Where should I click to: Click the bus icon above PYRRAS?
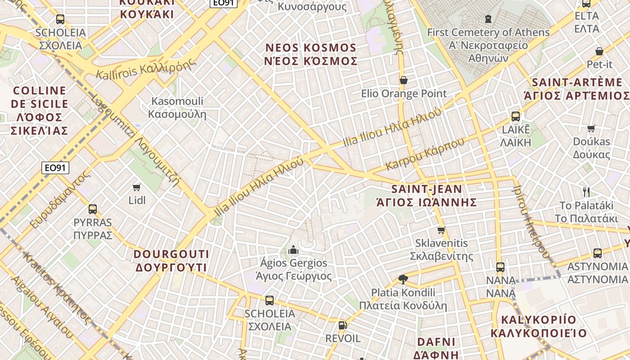[93, 209]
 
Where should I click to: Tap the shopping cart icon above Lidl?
[137, 187]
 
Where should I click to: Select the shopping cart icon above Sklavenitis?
[441, 230]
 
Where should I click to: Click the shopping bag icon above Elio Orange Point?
[403, 80]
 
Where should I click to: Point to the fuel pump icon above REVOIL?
[342, 325]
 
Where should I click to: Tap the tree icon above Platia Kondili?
[403, 279]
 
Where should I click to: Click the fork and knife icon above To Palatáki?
[586, 192]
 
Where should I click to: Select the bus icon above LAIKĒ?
[516, 117]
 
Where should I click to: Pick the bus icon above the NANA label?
[500, 267]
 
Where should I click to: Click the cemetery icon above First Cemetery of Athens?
[488, 19]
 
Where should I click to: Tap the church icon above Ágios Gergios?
[293, 249]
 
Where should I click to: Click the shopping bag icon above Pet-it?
[599, 51]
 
